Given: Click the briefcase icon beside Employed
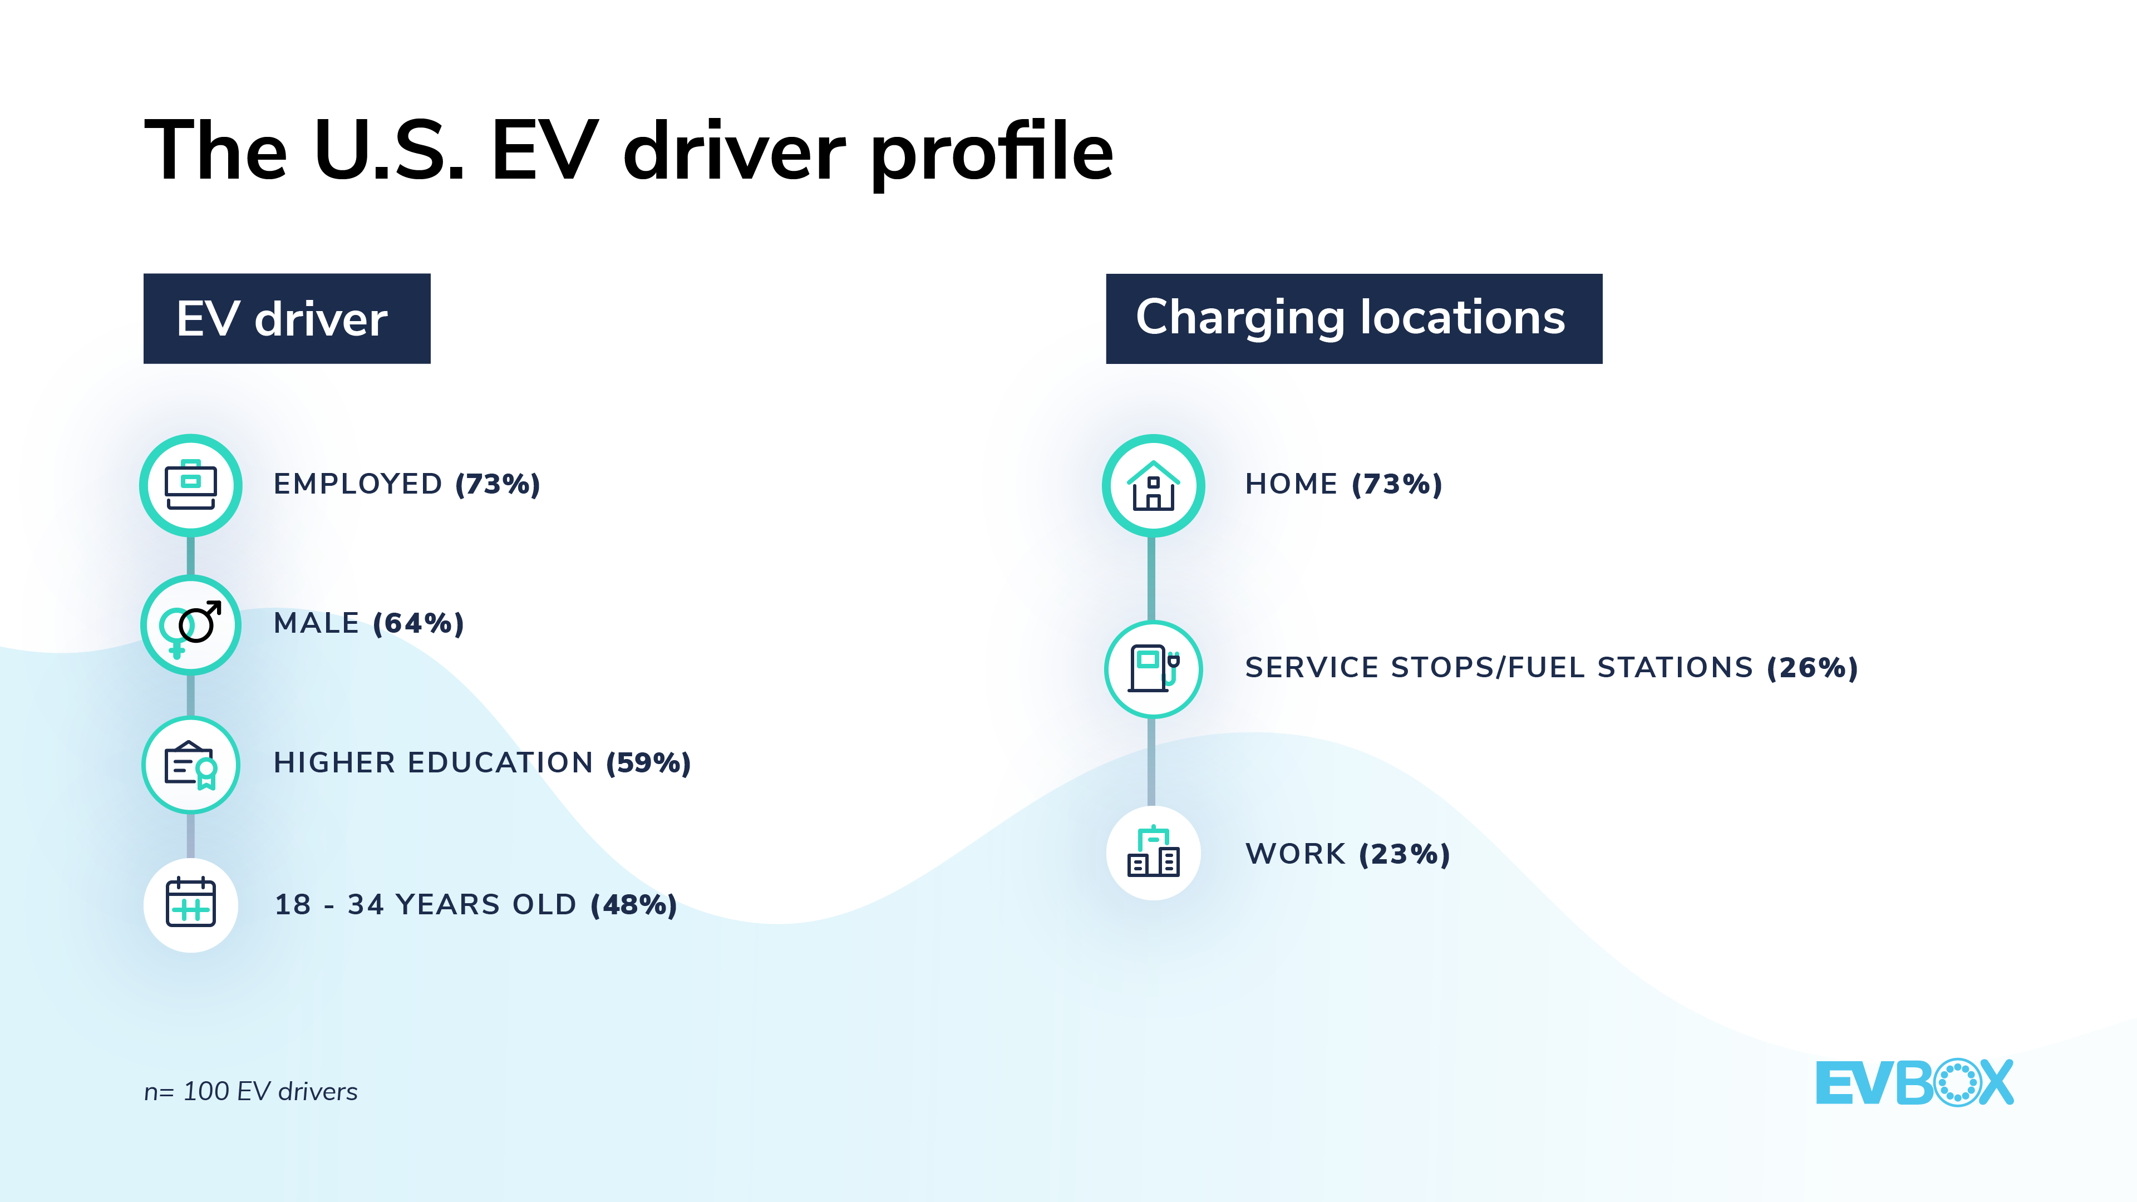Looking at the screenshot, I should [x=191, y=485].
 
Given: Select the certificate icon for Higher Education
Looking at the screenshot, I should [x=191, y=764].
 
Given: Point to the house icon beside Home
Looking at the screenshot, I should [x=1153, y=485].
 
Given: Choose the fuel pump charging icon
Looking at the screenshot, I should [x=1153, y=668].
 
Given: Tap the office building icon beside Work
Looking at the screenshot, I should [x=1153, y=853].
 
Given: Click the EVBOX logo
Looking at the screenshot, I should [x=1914, y=1082].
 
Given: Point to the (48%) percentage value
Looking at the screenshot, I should [x=634, y=904].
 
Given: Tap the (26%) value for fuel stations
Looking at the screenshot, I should [x=1812, y=668].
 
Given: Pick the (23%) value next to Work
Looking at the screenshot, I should [x=1405, y=854].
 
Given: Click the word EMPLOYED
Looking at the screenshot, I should [x=357, y=484].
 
